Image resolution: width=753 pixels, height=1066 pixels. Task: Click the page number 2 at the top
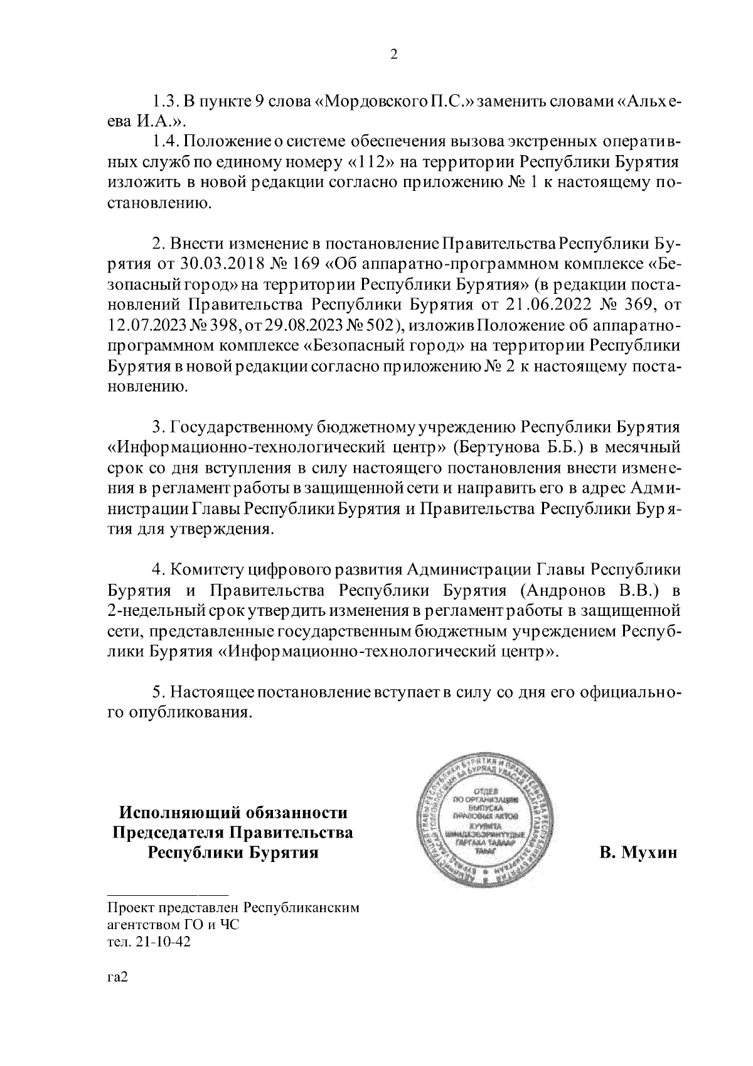(394, 55)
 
